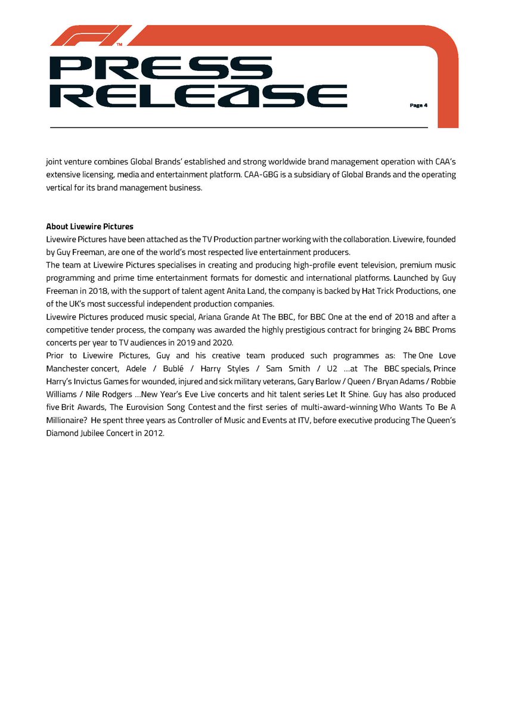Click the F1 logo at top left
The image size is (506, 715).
point(91,36)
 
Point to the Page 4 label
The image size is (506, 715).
point(418,105)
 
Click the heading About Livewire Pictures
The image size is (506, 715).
point(89,227)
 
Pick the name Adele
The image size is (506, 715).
point(136,369)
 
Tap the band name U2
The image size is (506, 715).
point(332,369)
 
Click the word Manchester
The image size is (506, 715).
point(67,369)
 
